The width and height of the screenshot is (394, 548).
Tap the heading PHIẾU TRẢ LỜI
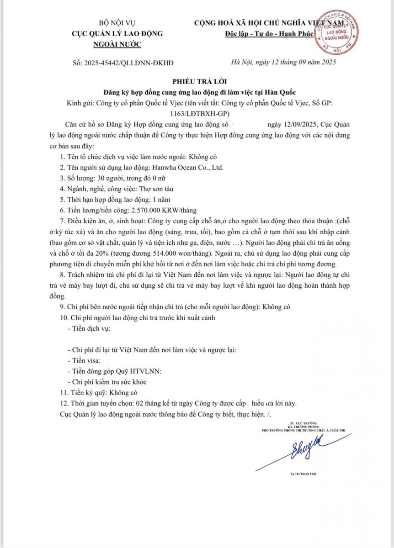point(197,82)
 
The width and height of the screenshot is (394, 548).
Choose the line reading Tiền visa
point(86,360)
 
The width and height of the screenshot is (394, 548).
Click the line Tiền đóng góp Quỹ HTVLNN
point(114,371)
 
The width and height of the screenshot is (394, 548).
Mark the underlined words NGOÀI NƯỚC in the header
point(117,44)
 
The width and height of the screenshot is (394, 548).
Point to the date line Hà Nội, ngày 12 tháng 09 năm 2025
point(284,63)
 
